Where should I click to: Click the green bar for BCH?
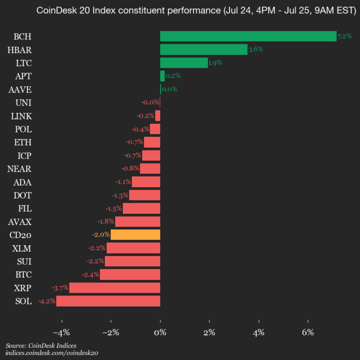pyautogui.click(x=248, y=36)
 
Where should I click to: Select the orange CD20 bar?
pyautogui.click(x=135, y=234)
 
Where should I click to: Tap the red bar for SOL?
pyautogui.click(x=108, y=301)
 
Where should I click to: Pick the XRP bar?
pyautogui.click(x=114, y=287)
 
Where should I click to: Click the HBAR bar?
pyautogui.click(x=203, y=49)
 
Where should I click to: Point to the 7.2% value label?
pyautogui.click(x=344, y=36)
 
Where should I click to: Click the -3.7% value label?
pyautogui.click(x=59, y=287)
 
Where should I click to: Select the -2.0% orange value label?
pyautogui.click(x=100, y=234)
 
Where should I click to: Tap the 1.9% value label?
pyautogui.click(x=215, y=62)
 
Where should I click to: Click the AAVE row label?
pyautogui.click(x=20, y=89)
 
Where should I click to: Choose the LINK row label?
pyautogui.click(x=21, y=116)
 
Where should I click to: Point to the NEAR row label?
pyautogui.click(x=19, y=168)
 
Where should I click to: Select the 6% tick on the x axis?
pyautogui.click(x=308, y=332)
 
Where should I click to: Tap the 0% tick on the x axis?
pyautogui.click(x=160, y=332)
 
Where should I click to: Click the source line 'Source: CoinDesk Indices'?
pyautogui.click(x=41, y=345)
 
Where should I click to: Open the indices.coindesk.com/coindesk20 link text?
pyautogui.click(x=51, y=353)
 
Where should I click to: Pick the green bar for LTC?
pyautogui.click(x=183, y=62)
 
